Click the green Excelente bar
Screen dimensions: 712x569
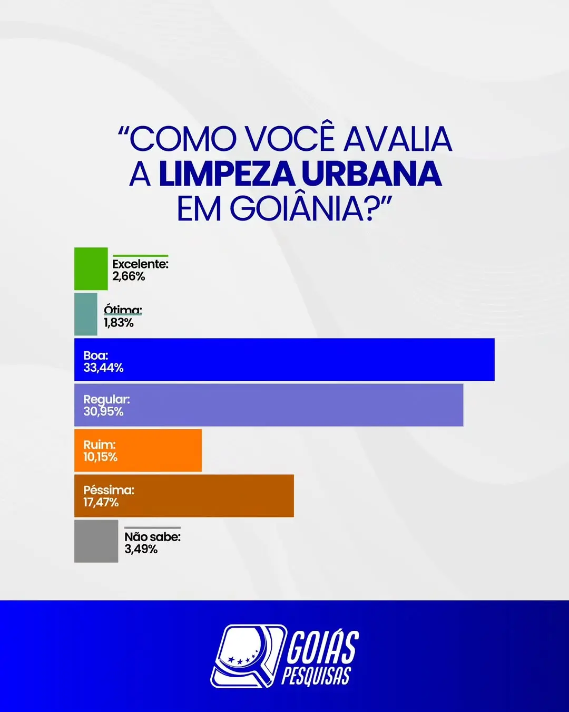[x=91, y=268]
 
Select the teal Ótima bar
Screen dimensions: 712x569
[x=85, y=314]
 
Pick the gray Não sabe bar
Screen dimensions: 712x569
[x=96, y=541]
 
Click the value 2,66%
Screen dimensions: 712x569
[x=129, y=276]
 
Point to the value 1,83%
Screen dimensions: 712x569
[x=119, y=323]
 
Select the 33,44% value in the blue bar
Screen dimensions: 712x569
[x=103, y=368]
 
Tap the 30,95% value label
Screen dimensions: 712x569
[x=103, y=412]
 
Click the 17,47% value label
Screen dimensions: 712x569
[x=101, y=503]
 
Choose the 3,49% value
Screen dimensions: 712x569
[x=141, y=549]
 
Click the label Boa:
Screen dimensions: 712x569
[x=95, y=355]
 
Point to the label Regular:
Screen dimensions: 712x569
[x=106, y=400]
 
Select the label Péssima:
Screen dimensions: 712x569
[x=109, y=490]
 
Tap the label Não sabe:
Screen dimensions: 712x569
[x=152, y=537]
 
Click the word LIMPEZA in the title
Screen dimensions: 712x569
[x=227, y=174]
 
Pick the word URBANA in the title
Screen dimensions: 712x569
[x=371, y=174]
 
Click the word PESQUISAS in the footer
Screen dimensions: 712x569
[x=316, y=676]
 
